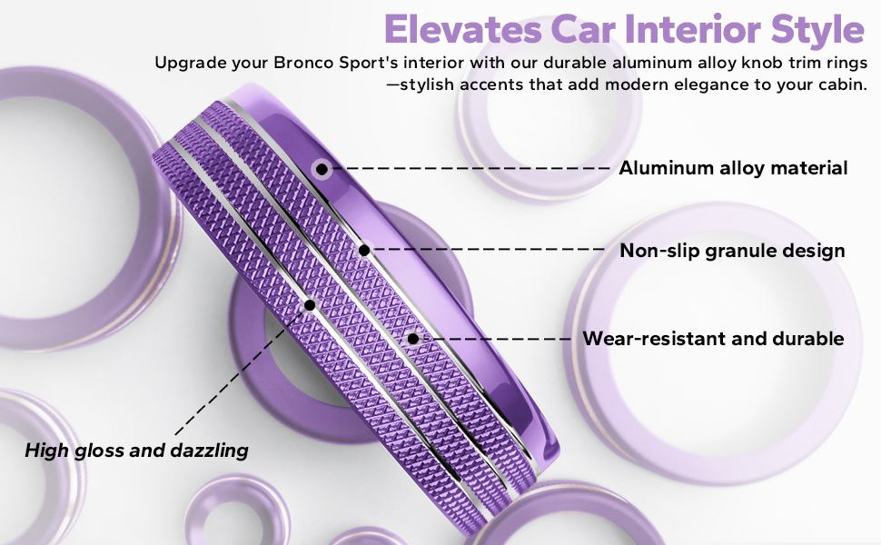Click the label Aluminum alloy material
click(733, 168)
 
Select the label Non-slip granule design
click(732, 250)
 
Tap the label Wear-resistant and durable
click(713, 339)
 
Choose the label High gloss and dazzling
click(136, 450)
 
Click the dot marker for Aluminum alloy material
click(322, 168)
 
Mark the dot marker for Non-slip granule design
click(364, 250)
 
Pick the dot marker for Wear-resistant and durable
click(413, 339)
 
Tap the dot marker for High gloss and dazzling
click(310, 305)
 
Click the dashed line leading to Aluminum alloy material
click(472, 168)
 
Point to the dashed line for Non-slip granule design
click(490, 250)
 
